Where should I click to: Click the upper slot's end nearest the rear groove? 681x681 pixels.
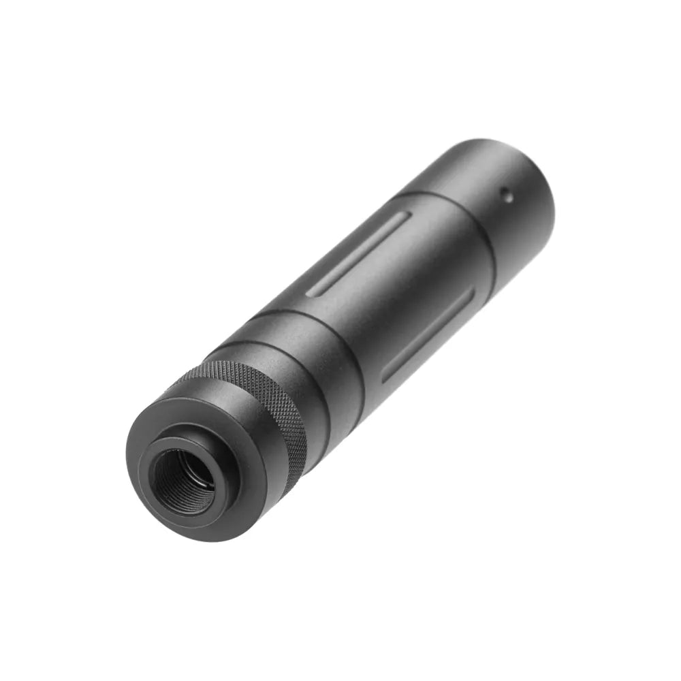pyautogui.click(x=407, y=216)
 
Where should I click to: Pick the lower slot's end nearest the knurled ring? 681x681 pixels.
pyautogui.click(x=385, y=377)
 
